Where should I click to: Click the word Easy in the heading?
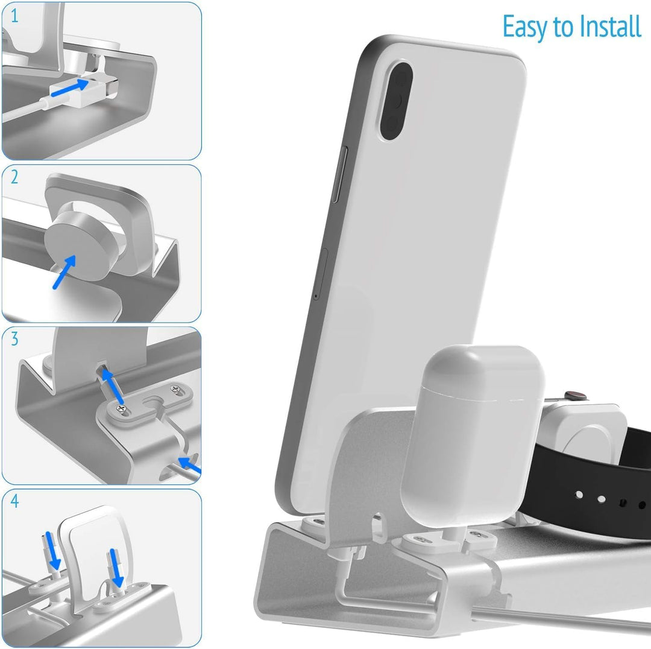(x=524, y=27)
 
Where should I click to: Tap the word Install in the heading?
(x=610, y=27)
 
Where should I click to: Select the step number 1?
(x=14, y=16)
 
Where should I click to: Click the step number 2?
(x=14, y=177)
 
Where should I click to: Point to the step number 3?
(x=14, y=339)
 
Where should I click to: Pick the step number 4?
(x=14, y=501)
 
